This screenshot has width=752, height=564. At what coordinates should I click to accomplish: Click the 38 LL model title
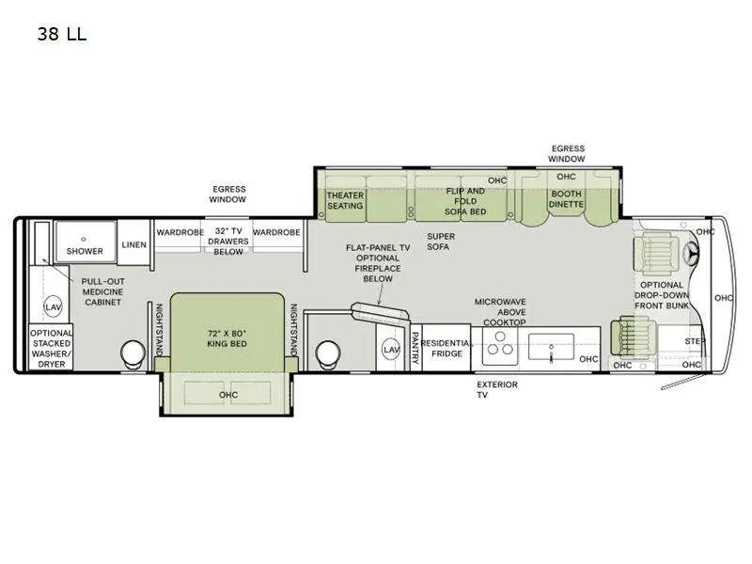tap(61, 36)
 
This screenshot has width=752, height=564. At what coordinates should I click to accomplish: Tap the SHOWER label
tap(85, 251)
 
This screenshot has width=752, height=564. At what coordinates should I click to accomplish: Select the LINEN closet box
tap(133, 245)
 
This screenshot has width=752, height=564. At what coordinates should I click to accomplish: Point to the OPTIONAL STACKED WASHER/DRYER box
tap(51, 349)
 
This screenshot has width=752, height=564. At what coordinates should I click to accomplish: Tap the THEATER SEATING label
tap(345, 200)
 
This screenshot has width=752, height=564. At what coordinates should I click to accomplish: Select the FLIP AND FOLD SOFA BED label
tap(465, 201)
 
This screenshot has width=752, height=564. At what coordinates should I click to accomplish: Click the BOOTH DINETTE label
tap(566, 199)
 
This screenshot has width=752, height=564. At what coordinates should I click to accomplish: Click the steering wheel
tap(697, 255)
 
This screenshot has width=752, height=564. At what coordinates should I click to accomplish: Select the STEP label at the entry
tap(695, 340)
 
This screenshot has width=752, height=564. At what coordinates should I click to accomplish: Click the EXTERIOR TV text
tap(497, 389)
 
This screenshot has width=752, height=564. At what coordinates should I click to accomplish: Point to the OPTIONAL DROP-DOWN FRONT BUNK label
tap(662, 295)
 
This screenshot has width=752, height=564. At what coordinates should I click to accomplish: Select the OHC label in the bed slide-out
tap(228, 395)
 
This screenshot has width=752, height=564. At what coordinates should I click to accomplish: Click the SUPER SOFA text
tap(439, 242)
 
